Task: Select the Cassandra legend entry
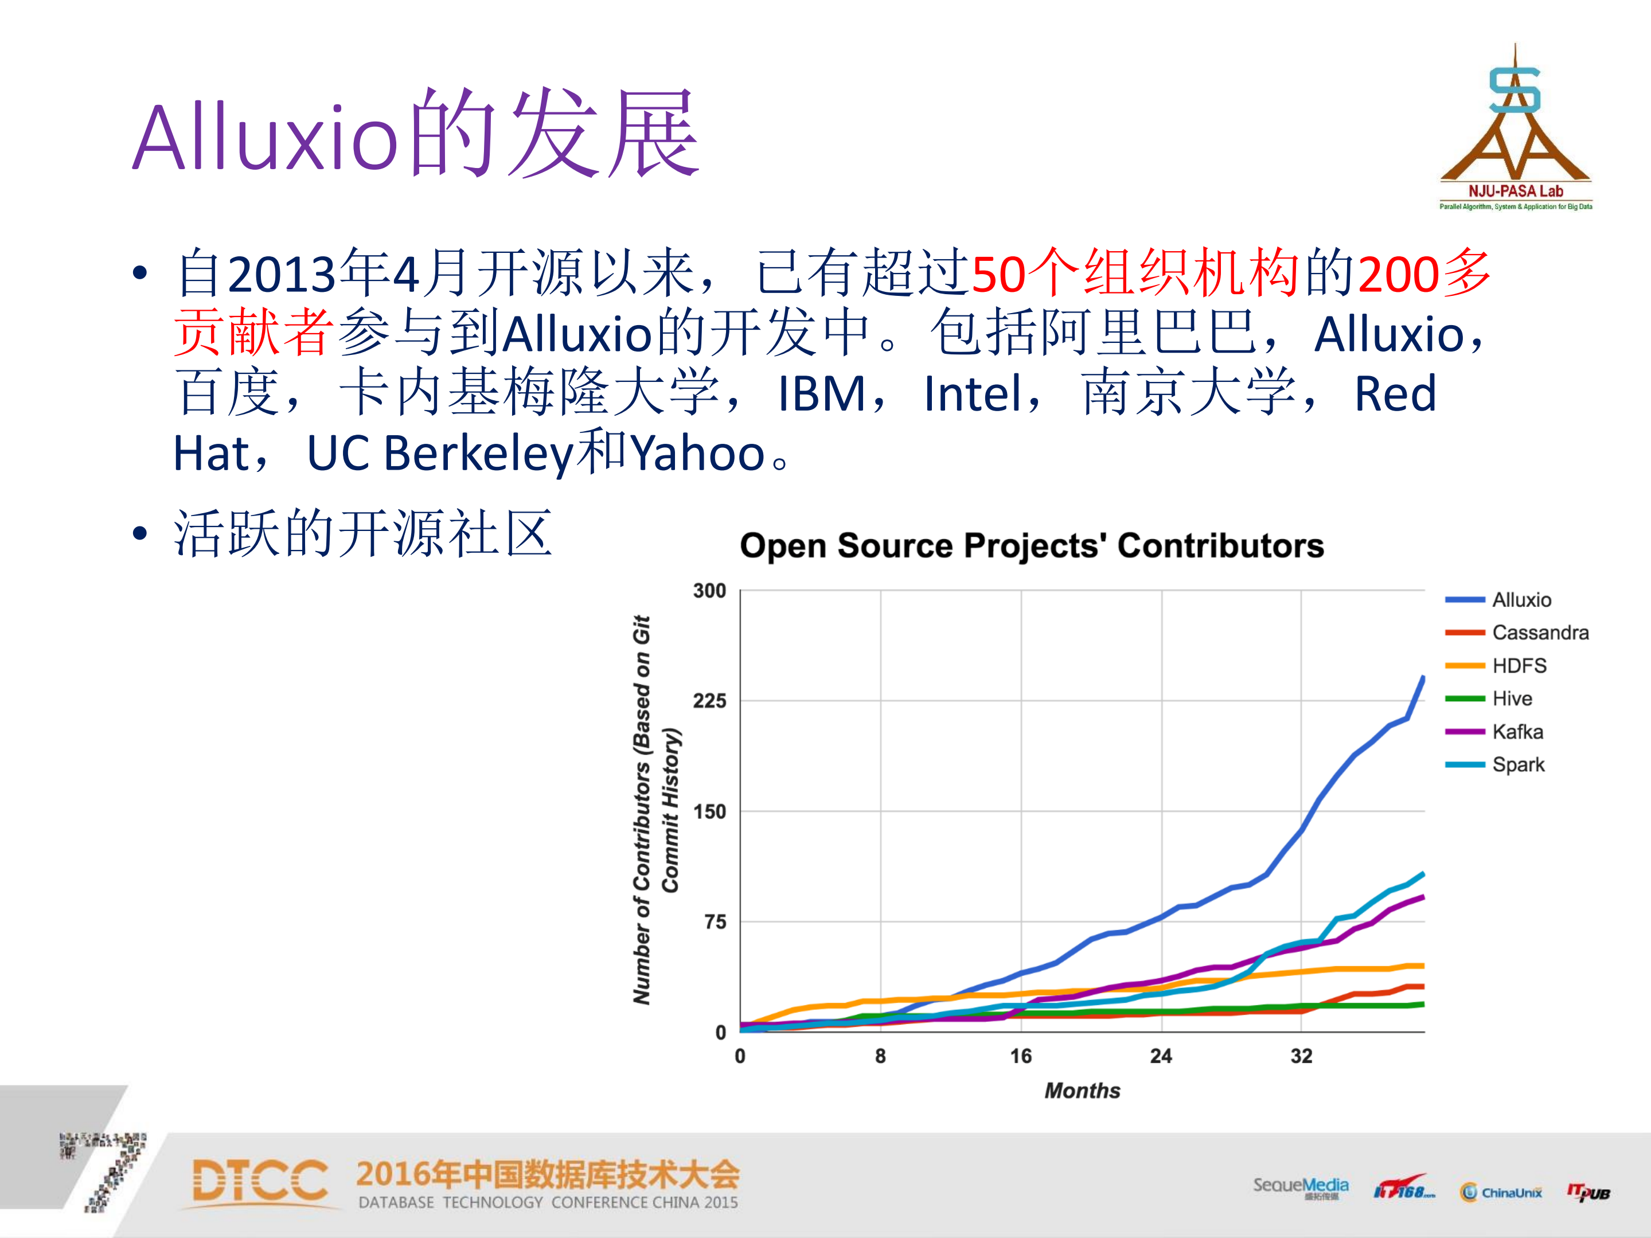(1539, 633)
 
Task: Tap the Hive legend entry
(1512, 698)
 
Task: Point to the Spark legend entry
(1517, 765)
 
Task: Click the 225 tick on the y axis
(709, 701)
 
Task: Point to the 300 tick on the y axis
(709, 591)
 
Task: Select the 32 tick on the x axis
(1301, 1056)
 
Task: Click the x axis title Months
(1082, 1091)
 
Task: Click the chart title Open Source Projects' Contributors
(1032, 545)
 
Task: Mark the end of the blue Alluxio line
(1423, 678)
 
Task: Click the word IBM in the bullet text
(821, 394)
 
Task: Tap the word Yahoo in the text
(698, 454)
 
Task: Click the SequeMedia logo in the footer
(1300, 1186)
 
